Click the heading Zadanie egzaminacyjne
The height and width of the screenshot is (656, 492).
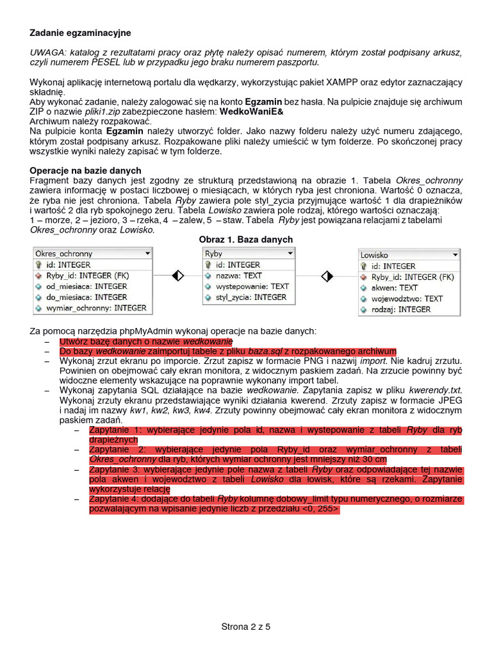pyautogui.click(x=80, y=33)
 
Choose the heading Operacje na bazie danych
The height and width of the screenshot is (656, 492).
pyautogui.click(x=86, y=170)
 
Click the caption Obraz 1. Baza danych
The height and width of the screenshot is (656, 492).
pyautogui.click(x=246, y=240)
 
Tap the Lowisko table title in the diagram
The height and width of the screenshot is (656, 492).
pyautogui.click(x=374, y=254)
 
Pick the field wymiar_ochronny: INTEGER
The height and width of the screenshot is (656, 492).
pyautogui.click(x=95, y=308)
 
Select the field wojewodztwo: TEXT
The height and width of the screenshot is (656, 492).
pyautogui.click(x=407, y=299)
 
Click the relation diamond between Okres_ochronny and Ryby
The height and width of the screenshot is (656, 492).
pyautogui.click(x=178, y=275)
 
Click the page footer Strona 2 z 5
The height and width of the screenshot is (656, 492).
pyautogui.click(x=246, y=627)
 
